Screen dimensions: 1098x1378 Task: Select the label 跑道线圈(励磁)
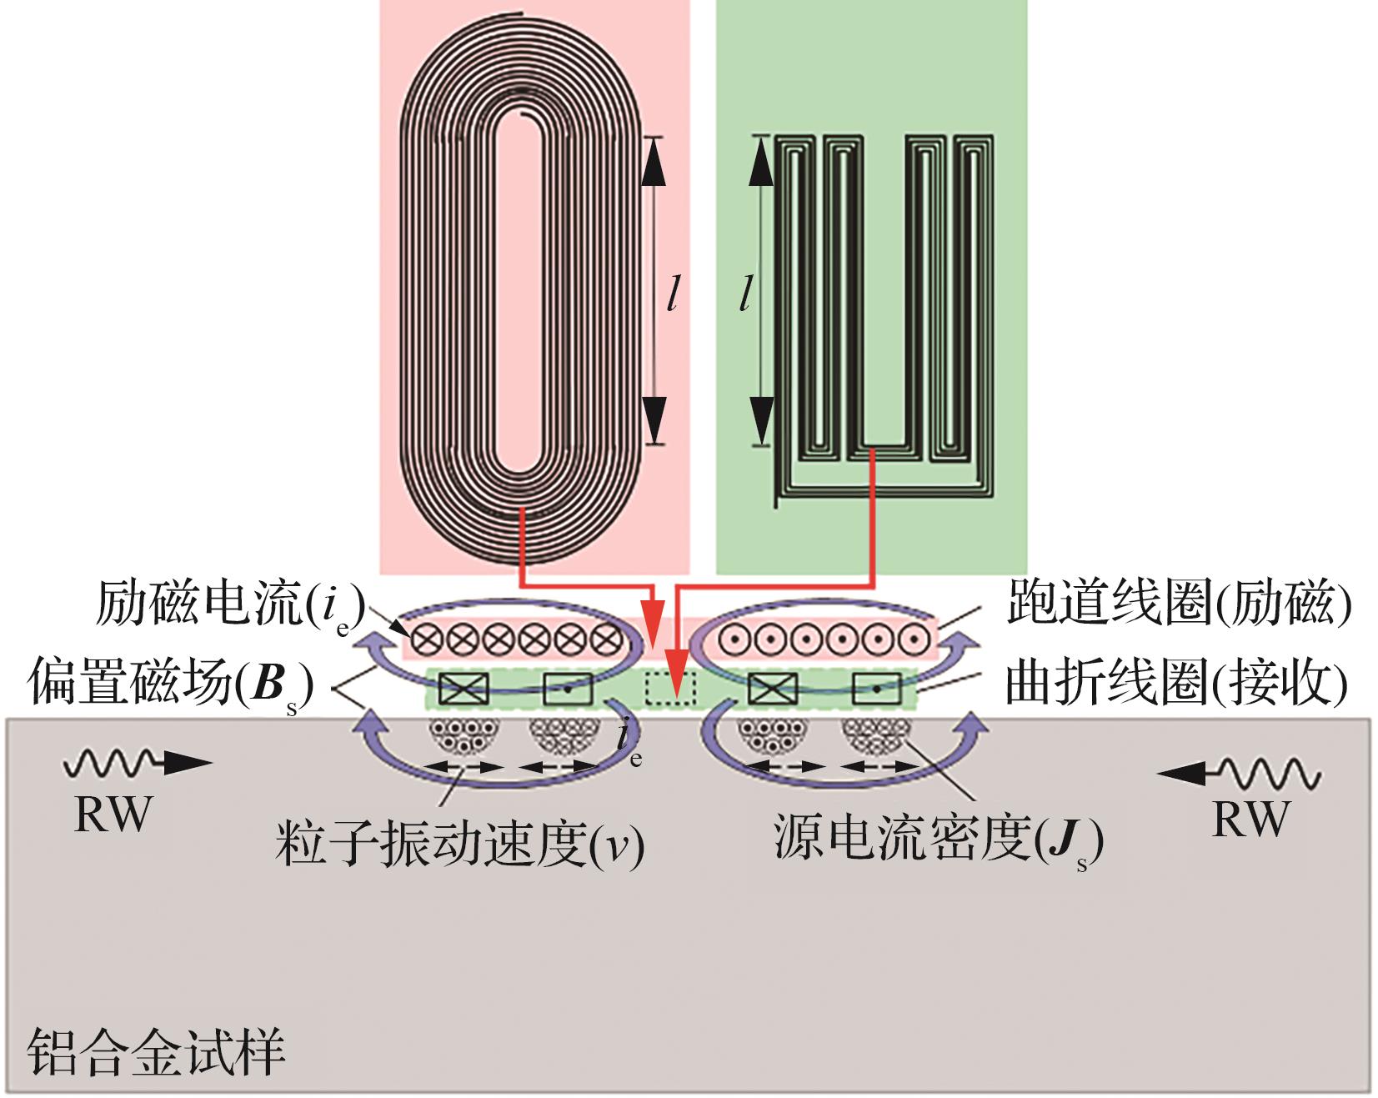[1178, 602]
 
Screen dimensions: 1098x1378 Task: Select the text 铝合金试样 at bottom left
[157, 1051]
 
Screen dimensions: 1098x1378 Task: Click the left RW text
[113, 815]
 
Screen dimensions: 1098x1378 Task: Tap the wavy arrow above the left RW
[138, 762]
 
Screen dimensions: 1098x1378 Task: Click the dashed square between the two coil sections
[670, 689]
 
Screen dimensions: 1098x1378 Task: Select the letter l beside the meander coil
[746, 294]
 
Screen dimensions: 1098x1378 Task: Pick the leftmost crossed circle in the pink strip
[426, 640]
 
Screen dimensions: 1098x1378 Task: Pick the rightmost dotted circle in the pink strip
[914, 640]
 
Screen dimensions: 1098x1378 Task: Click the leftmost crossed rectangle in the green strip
[464, 689]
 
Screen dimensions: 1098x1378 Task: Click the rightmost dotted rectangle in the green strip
[877, 689]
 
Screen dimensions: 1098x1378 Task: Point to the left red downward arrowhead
[655, 630]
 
